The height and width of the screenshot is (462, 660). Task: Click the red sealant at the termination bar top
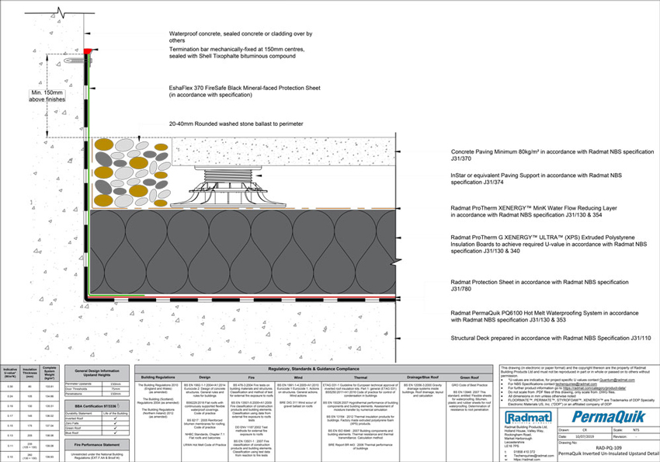coord(88,50)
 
